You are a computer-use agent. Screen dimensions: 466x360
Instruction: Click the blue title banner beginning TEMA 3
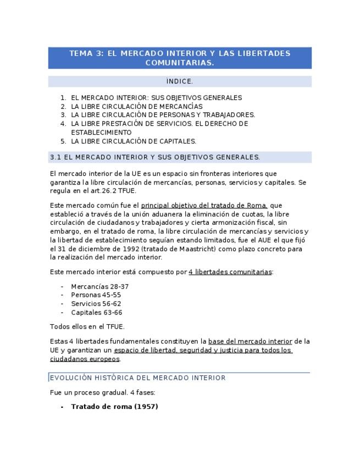point(180,58)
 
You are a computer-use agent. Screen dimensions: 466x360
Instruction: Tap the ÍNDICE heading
point(180,82)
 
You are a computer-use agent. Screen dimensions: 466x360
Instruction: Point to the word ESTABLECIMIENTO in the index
point(101,132)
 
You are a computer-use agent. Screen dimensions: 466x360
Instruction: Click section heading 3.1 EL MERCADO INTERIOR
point(155,157)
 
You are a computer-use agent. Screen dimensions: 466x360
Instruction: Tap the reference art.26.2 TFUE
point(116,191)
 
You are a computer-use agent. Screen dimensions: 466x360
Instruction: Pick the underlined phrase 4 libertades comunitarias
point(230,272)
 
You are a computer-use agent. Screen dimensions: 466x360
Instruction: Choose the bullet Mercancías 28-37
point(99,286)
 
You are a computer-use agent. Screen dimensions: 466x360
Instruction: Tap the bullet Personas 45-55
point(96,295)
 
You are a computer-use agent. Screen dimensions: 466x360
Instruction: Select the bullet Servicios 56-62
point(96,304)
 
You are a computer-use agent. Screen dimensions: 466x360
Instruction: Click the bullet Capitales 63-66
point(97,313)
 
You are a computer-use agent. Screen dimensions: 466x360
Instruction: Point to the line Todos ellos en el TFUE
point(87,326)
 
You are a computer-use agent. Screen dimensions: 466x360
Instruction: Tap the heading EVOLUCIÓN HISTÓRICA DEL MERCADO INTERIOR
point(138,378)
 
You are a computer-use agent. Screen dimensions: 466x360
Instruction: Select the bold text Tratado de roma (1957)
point(114,407)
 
